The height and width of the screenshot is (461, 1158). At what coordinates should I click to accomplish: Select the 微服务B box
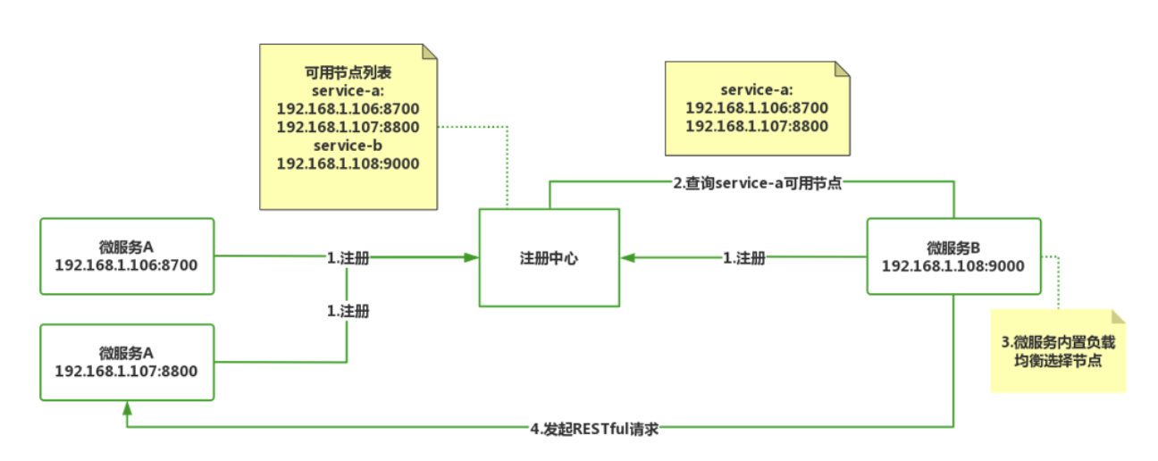(x=953, y=256)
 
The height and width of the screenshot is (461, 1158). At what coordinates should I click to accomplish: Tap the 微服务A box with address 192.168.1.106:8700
(x=126, y=256)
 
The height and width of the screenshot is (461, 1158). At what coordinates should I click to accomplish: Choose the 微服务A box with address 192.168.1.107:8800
(x=126, y=362)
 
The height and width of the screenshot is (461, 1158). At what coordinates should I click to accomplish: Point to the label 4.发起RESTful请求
(x=594, y=428)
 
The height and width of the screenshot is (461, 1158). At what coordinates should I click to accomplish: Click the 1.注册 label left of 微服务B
(x=743, y=258)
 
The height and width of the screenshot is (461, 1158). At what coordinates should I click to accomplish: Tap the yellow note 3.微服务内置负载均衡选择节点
(x=1058, y=352)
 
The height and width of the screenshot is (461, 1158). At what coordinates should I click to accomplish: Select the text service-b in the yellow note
(x=348, y=145)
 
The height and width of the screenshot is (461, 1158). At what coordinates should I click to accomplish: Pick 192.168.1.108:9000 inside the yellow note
(x=348, y=163)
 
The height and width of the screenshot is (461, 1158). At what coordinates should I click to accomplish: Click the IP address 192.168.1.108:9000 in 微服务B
(x=953, y=265)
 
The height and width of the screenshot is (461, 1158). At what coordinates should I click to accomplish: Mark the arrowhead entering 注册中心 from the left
(x=471, y=257)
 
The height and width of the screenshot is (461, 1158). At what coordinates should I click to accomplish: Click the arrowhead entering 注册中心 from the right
(x=629, y=258)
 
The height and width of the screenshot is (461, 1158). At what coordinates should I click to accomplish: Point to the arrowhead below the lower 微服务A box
(x=127, y=407)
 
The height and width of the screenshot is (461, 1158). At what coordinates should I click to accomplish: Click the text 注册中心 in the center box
(x=549, y=258)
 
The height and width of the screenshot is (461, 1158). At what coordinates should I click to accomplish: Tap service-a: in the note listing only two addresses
(x=757, y=90)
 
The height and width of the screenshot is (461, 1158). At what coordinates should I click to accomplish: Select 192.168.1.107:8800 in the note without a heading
(x=757, y=127)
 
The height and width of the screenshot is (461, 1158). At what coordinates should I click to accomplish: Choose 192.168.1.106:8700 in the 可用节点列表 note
(x=348, y=109)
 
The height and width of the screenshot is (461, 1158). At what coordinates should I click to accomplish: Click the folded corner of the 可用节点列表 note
(x=430, y=52)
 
